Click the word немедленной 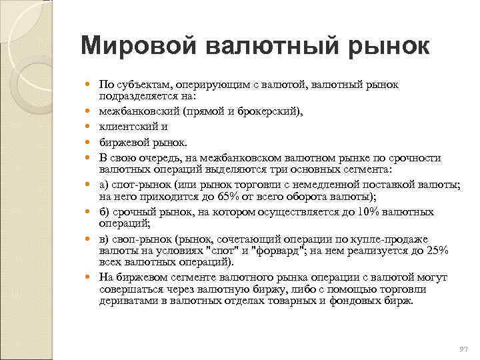coord(330,184)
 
